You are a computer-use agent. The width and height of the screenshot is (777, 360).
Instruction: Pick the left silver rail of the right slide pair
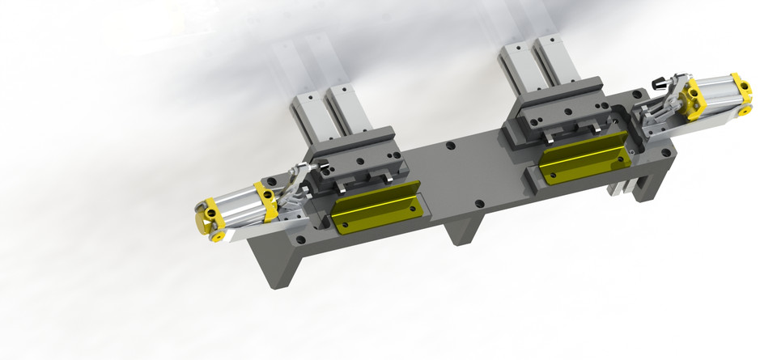516,69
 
